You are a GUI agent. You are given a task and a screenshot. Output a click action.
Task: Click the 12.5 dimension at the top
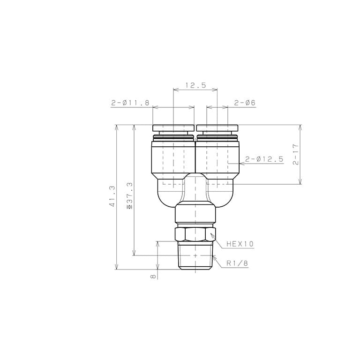pyautogui.click(x=195, y=85)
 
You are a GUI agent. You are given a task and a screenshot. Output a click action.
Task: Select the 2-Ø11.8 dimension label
pyautogui.click(x=130, y=103)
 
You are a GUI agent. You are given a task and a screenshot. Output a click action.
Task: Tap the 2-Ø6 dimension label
pyautogui.click(x=245, y=103)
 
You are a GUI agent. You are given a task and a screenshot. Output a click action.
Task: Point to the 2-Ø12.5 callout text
pyautogui.click(x=264, y=159)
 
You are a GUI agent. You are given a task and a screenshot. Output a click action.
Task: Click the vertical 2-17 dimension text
pyautogui.click(x=296, y=155)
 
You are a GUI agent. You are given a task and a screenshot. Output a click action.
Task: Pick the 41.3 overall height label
pyautogui.click(x=112, y=196)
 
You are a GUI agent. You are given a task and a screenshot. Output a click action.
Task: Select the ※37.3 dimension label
pyautogui.click(x=130, y=195)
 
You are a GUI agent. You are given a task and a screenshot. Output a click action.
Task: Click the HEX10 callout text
pyautogui.click(x=240, y=244)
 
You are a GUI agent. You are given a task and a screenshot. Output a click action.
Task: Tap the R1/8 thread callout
pyautogui.click(x=237, y=263)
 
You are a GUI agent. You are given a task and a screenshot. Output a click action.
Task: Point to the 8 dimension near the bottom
pyautogui.click(x=153, y=277)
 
